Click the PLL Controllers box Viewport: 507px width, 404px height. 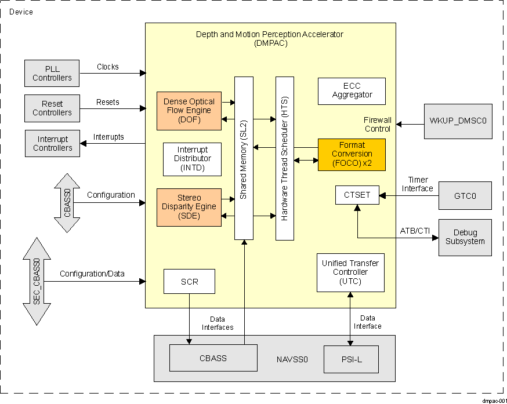click(52, 73)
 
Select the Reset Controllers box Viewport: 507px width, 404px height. click(52, 108)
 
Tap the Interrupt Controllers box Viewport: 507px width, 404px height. click(52, 143)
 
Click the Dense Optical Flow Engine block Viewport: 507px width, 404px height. click(189, 110)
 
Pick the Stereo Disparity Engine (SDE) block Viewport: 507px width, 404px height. click(189, 206)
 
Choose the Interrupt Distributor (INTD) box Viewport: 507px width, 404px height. click(193, 159)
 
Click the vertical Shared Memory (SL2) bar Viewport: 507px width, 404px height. click(244, 158)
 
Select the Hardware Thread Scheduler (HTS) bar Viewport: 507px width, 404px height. click(284, 158)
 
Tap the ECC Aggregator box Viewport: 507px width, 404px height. click(352, 91)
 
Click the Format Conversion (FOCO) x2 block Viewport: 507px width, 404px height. click(352, 154)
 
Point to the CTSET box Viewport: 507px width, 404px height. click(357, 195)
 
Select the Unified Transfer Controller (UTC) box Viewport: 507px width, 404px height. click(350, 272)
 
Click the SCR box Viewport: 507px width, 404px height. click(189, 281)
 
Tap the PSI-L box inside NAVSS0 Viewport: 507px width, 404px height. click(351, 359)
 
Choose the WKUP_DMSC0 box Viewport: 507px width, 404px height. click(457, 122)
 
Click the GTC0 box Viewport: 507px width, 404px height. click(465, 196)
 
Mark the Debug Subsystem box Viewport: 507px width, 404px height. click(465, 237)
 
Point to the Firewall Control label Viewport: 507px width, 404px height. click(377, 124)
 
